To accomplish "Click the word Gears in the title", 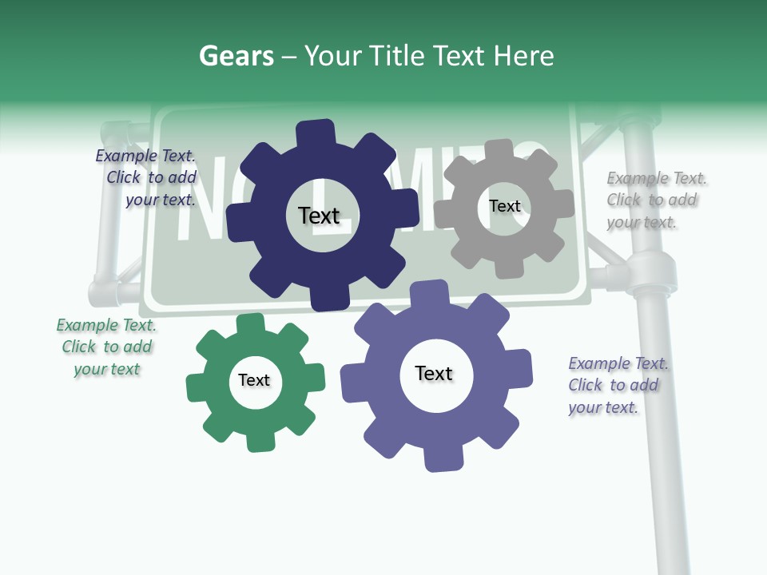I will (x=236, y=56).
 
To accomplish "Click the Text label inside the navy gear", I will (x=319, y=216).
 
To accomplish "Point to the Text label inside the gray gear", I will (x=504, y=206).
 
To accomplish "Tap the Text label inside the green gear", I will (x=254, y=380).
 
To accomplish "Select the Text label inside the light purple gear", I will (x=434, y=374).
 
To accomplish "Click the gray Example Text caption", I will (x=655, y=200).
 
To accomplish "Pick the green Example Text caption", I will (x=106, y=347).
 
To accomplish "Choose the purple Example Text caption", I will (x=617, y=385).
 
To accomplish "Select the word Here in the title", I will (x=523, y=56).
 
